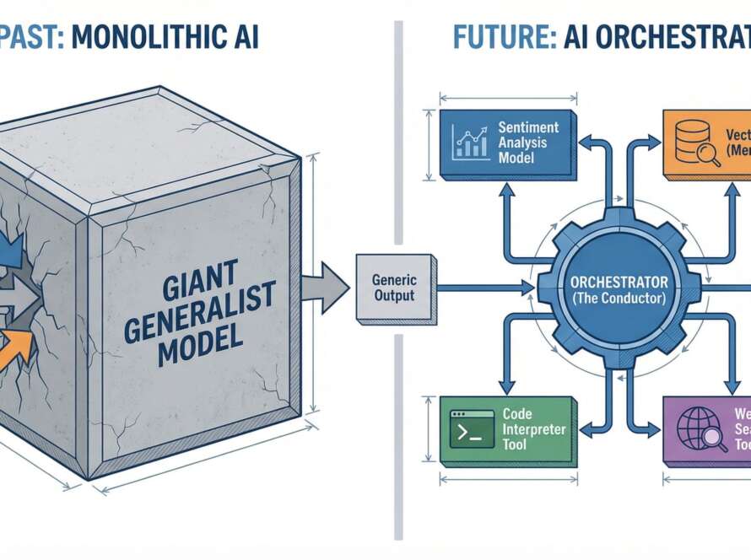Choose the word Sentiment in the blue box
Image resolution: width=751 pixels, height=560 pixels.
tap(528, 127)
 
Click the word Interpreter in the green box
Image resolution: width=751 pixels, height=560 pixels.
tap(535, 429)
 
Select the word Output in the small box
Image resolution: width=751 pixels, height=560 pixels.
tap(393, 296)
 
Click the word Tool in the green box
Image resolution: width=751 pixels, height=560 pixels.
tap(515, 444)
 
